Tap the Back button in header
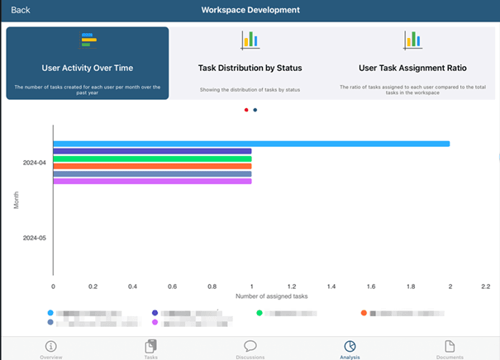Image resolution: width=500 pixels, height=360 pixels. pos(21,10)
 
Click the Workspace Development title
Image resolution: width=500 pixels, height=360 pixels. pos(250,10)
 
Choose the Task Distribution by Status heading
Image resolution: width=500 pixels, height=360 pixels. pos(250,68)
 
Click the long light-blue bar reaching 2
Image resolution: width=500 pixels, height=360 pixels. pos(251,144)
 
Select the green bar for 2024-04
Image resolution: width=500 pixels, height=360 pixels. pos(152,159)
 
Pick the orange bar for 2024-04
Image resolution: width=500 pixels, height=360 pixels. pos(152,166)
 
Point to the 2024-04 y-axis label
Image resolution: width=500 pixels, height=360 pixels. pos(35,163)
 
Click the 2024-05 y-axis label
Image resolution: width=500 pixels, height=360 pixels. pos(35,238)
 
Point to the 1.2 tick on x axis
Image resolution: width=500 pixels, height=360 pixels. pos(291,287)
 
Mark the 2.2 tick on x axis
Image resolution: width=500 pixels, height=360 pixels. pos(485,287)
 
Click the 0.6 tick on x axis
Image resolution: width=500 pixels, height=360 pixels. pos(172,287)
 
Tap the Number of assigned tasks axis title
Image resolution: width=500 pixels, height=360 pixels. pos(271,296)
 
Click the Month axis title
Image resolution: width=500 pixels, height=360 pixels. pos(17,201)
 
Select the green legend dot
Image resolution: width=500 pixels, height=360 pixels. pos(260,314)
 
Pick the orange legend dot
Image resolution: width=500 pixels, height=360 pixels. pos(364,314)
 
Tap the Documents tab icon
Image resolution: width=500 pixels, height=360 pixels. pos(450,345)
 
